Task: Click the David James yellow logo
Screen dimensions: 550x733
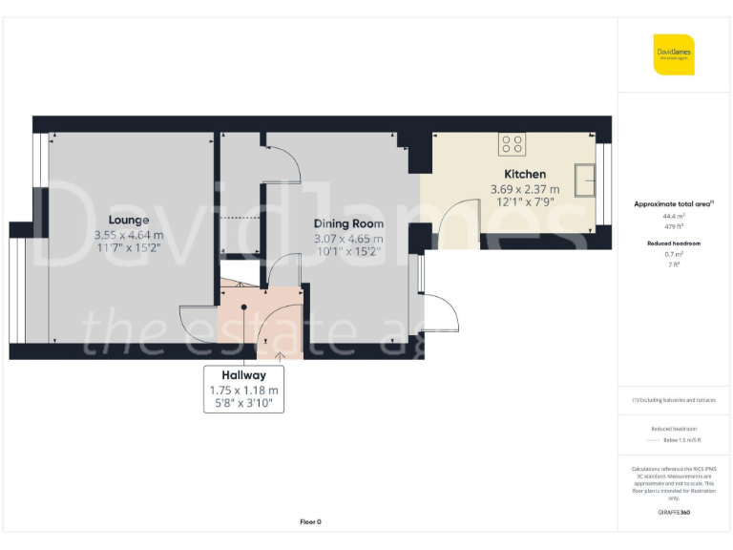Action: tap(674, 53)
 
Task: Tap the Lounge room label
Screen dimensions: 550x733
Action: tap(129, 220)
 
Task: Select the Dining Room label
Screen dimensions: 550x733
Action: tap(349, 223)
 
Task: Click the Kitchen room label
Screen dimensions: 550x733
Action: tap(525, 174)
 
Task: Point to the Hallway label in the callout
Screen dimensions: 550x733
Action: tap(243, 375)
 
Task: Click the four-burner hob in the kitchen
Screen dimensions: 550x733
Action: tap(512, 143)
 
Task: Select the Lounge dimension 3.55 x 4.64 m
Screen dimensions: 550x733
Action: tap(129, 235)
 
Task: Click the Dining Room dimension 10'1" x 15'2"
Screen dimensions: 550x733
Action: tap(349, 252)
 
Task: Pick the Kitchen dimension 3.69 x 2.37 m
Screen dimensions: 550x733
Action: tap(525, 189)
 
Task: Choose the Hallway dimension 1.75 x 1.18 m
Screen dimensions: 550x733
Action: tap(243, 391)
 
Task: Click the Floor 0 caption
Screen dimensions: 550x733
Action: tap(310, 521)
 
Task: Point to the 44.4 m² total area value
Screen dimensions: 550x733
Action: tap(674, 218)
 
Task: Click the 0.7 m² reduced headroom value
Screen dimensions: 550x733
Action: tap(674, 256)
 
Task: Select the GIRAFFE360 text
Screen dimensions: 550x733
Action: tap(674, 513)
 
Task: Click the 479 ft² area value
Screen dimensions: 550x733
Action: tap(674, 227)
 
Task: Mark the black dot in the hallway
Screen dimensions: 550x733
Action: tap(245, 307)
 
